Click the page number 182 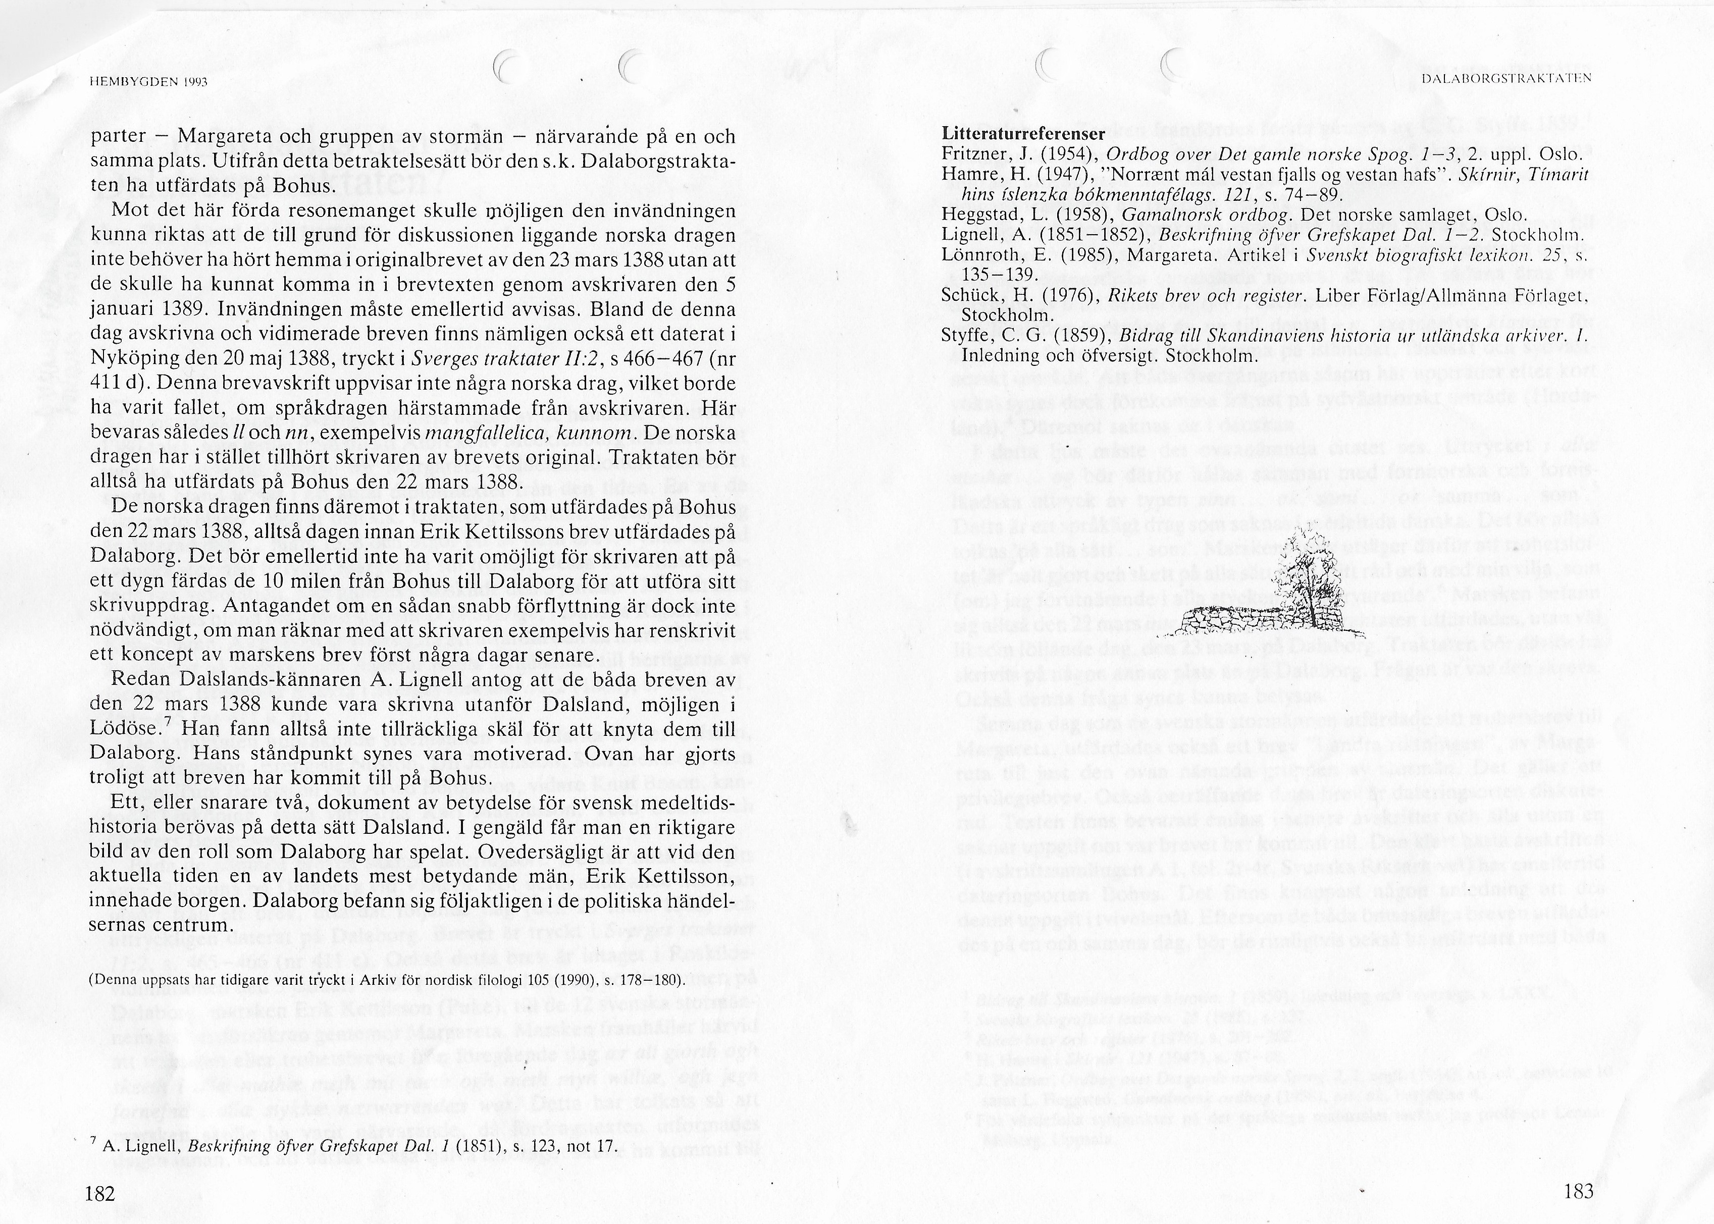(x=99, y=1192)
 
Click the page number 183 (x=1578, y=1190)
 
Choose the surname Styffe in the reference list (x=965, y=336)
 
